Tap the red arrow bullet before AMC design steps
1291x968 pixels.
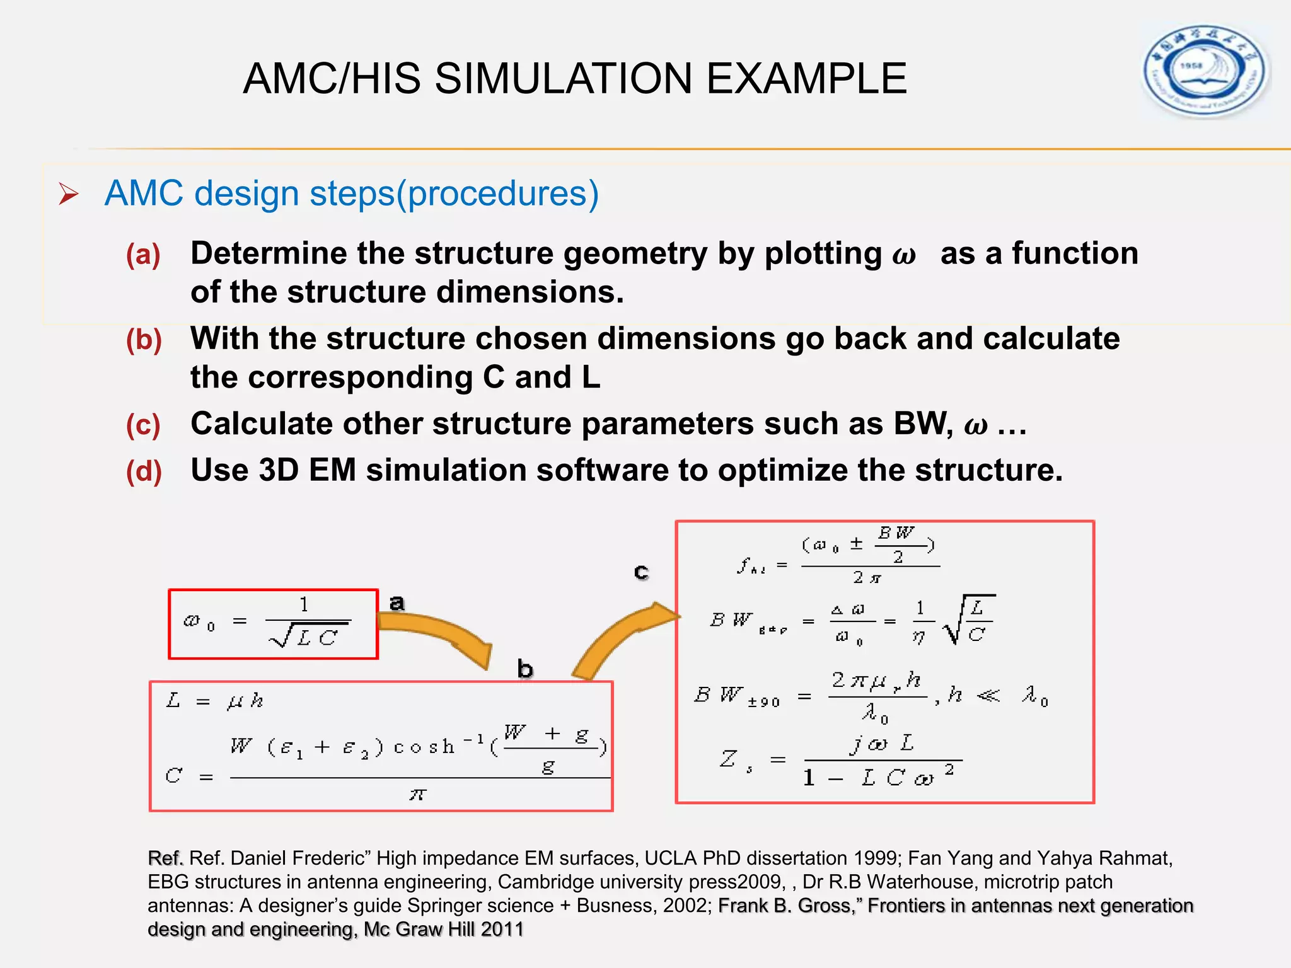[68, 193]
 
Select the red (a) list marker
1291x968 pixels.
[143, 255]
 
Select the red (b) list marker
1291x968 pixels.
[144, 340]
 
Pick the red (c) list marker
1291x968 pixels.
[143, 425]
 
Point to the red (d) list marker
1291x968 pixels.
[144, 471]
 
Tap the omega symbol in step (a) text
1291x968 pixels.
[904, 255]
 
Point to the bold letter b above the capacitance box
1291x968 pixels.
[525, 669]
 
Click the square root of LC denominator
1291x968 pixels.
[309, 637]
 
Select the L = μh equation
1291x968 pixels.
[214, 700]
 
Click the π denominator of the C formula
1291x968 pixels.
[417, 795]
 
